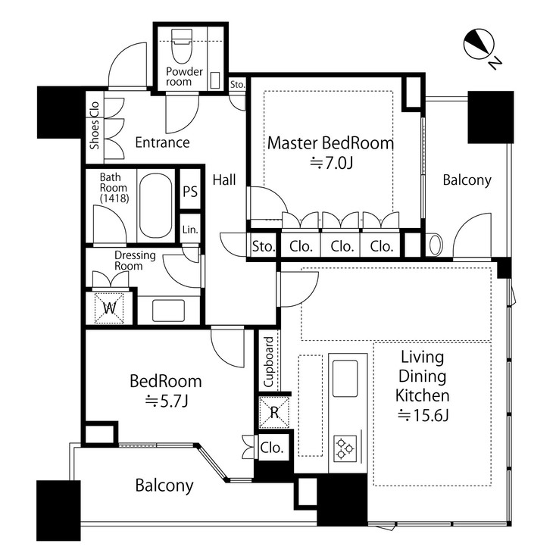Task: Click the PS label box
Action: (x=190, y=192)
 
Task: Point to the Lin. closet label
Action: (x=190, y=230)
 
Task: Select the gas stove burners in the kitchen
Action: (x=345, y=448)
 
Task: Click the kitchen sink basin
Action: (x=345, y=376)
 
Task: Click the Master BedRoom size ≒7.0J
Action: (x=330, y=161)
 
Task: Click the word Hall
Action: (x=223, y=180)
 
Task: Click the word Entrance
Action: (x=162, y=142)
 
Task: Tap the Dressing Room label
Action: (x=134, y=261)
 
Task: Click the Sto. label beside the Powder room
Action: (x=237, y=84)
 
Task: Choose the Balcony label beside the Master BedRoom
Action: (x=467, y=180)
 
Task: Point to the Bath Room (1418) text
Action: (x=114, y=186)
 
